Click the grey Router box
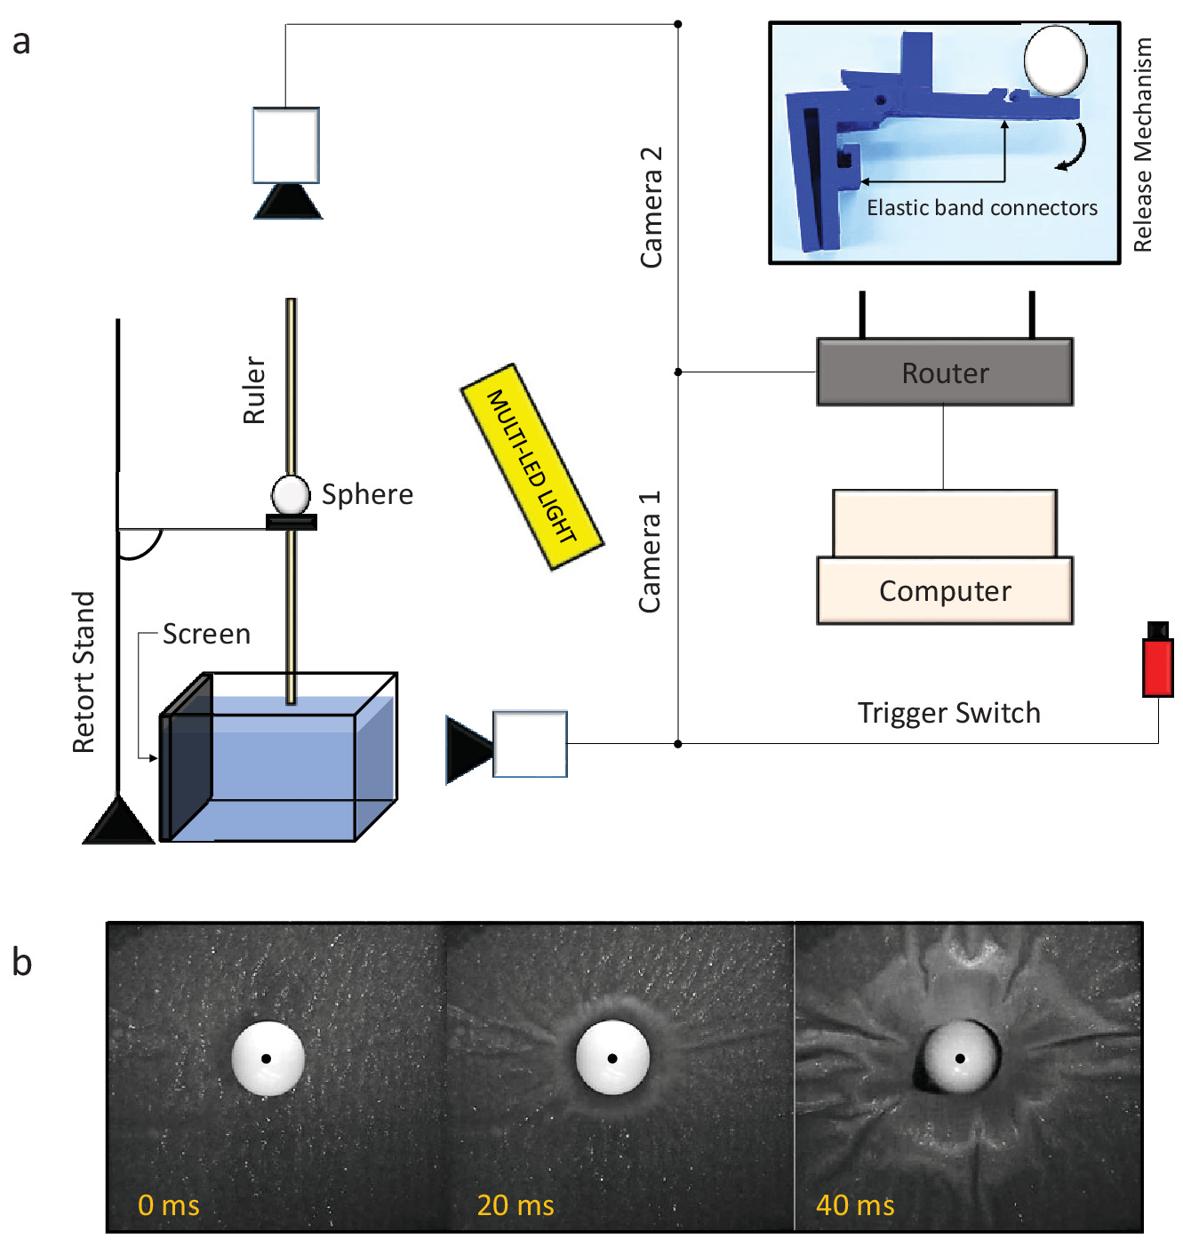[x=945, y=372]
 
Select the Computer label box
[x=945, y=591]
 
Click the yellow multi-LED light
[x=532, y=466]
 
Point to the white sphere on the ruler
[x=291, y=494]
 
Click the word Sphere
[x=367, y=494]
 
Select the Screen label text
[x=206, y=634]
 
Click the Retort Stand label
[x=84, y=672]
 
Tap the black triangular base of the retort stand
[x=118, y=822]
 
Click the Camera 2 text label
[x=651, y=207]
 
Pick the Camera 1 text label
[x=651, y=551]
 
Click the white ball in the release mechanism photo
[x=1055, y=60]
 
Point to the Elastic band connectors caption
[x=982, y=208]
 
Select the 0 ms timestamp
[x=169, y=1204]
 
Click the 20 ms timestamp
[x=516, y=1204]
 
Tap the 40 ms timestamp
[x=855, y=1204]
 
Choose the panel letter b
[x=22, y=962]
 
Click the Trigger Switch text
[x=948, y=713]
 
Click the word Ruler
[x=255, y=390]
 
